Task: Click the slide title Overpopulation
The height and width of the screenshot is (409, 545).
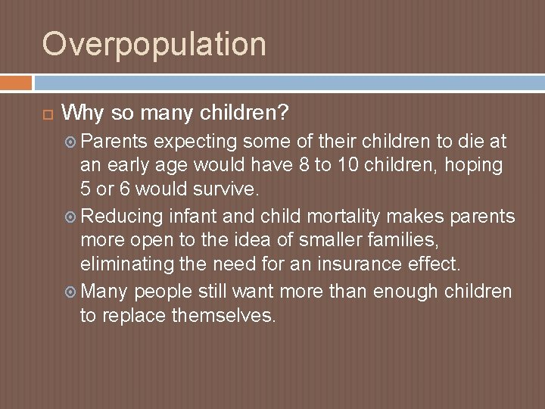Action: (154, 44)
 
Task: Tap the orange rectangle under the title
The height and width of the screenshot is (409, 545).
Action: (16, 82)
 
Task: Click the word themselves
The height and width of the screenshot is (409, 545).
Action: (224, 316)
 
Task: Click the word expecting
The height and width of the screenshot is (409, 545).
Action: (195, 141)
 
